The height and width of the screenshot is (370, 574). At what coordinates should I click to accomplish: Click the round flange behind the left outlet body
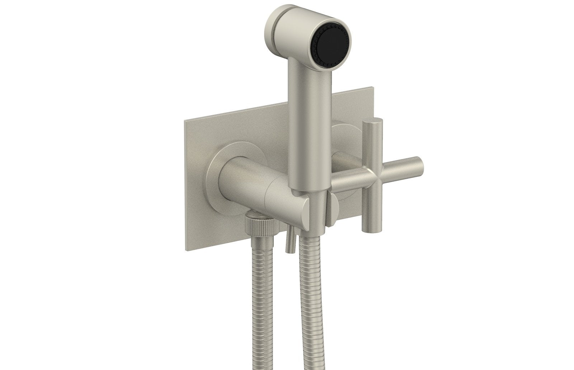tap(215, 179)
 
